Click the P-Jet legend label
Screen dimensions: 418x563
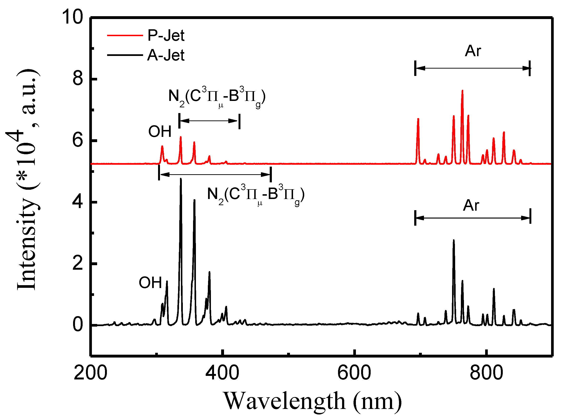click(x=166, y=35)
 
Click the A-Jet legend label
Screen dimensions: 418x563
click(x=166, y=55)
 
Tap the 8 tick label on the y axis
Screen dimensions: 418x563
click(x=78, y=79)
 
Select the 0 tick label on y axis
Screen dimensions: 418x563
click(x=78, y=325)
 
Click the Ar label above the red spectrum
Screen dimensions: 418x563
click(x=473, y=51)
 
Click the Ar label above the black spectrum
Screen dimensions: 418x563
click(x=471, y=205)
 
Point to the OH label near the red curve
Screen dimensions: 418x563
click(x=160, y=132)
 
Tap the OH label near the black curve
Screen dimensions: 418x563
click(x=150, y=283)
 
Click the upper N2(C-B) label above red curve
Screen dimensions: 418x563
click(x=217, y=97)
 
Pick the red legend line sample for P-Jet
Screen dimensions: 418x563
click(x=125, y=35)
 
